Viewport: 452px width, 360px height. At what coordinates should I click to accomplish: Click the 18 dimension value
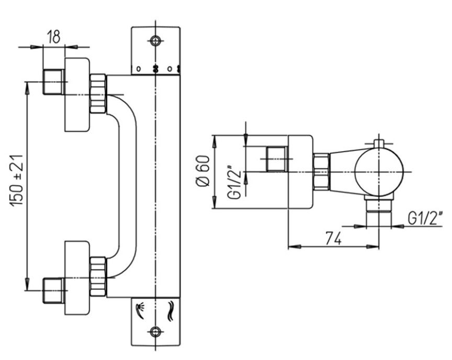53,37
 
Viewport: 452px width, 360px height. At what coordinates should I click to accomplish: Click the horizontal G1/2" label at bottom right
425,217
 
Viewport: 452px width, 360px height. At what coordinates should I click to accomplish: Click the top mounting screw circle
155,40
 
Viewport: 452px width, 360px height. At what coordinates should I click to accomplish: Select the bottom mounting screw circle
155,331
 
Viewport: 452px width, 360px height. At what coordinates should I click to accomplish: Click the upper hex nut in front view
98,94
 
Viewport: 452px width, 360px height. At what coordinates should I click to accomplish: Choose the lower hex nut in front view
98,276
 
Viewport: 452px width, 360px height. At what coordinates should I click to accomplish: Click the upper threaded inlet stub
53,82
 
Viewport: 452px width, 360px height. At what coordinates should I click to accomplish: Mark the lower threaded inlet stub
53,291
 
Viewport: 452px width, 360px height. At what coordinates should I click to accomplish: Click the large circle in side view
379,171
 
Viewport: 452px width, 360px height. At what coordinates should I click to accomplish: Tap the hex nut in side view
321,171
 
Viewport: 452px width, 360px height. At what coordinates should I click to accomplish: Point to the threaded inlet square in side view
277,159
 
